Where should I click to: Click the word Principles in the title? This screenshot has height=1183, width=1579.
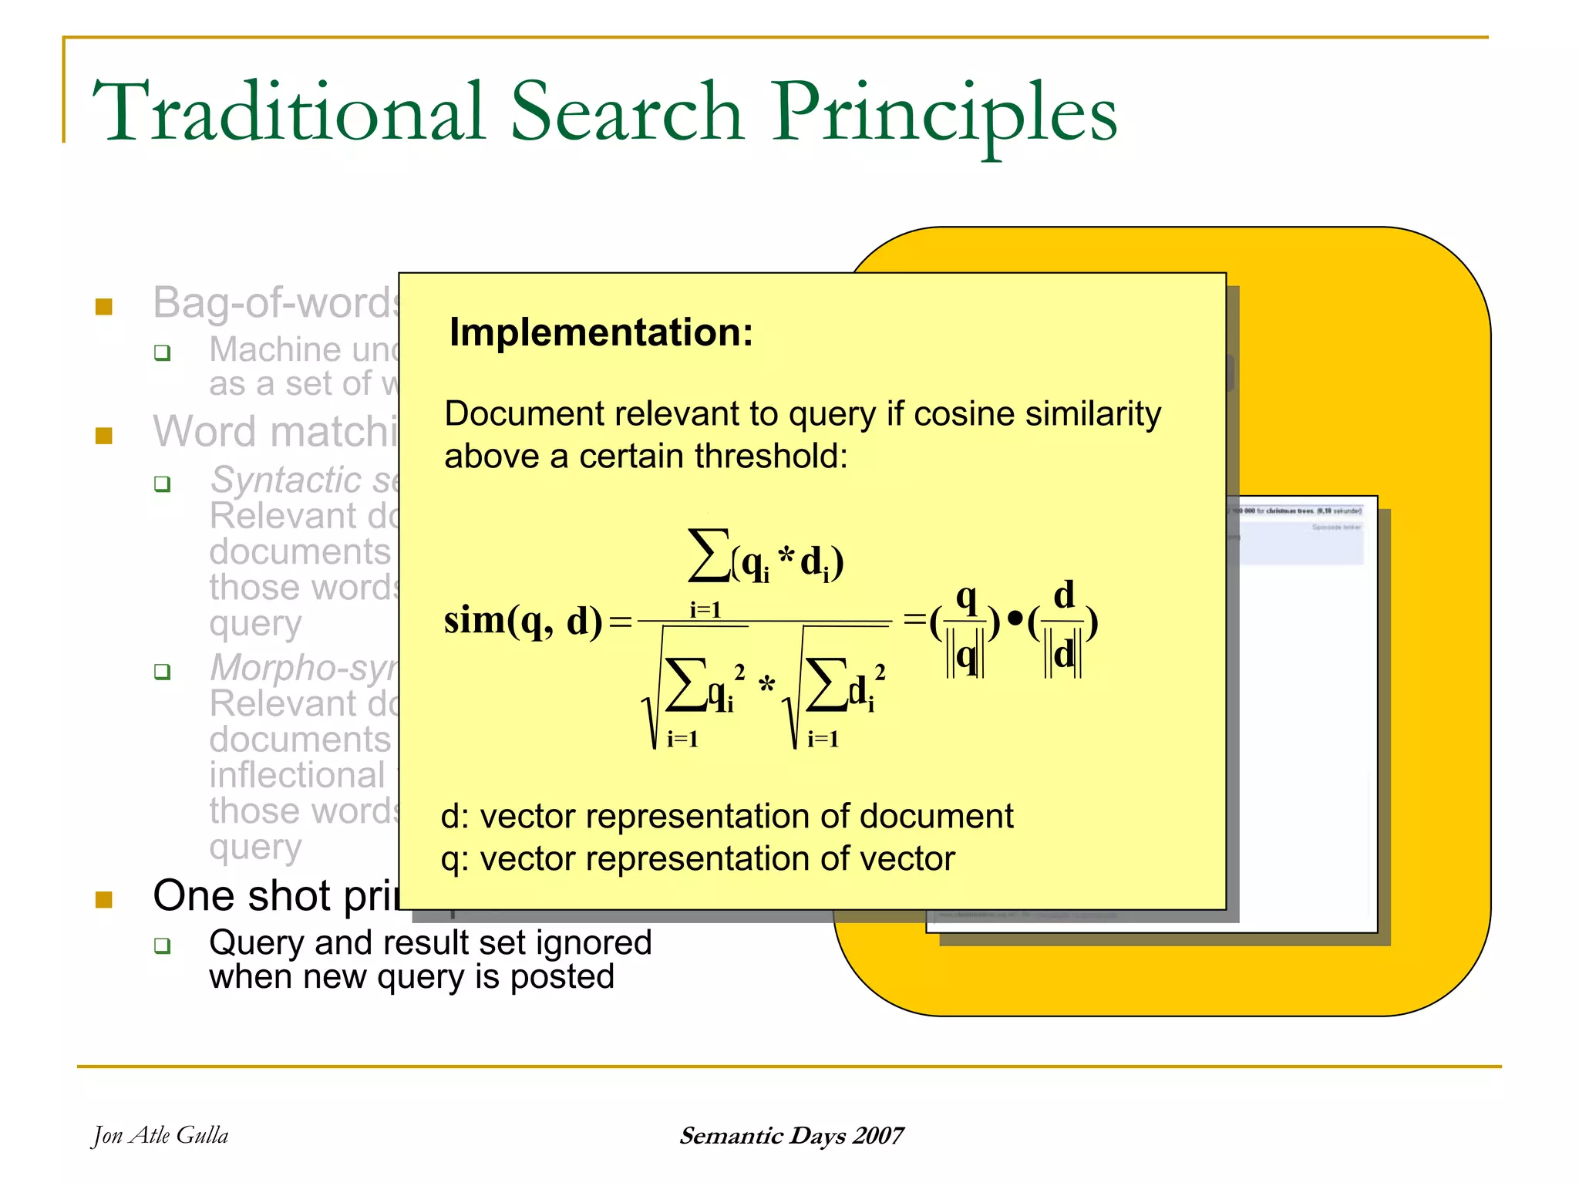pos(945,114)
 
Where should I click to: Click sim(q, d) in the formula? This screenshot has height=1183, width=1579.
pos(523,621)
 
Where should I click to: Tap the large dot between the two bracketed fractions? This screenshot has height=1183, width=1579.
pos(1015,619)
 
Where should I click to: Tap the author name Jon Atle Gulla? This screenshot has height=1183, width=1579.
pos(160,1135)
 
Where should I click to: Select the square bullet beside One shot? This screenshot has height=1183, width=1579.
pos(104,899)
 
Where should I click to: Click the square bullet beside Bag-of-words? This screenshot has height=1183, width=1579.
pos(104,307)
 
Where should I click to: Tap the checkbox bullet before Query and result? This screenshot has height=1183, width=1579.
pos(162,945)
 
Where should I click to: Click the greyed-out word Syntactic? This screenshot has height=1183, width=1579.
pos(286,480)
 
